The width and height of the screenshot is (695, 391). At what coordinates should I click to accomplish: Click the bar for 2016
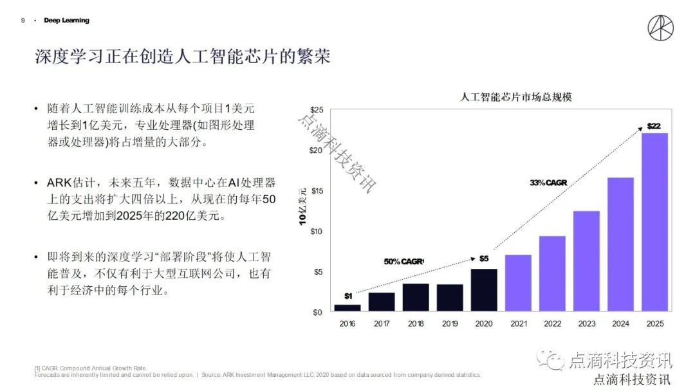pos(347,308)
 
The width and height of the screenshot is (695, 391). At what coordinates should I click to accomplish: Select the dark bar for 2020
pos(484,290)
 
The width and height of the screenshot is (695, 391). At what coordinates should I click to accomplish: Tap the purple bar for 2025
pos(654,223)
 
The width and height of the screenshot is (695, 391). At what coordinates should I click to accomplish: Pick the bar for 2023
pos(586,261)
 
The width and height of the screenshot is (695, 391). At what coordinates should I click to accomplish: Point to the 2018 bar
pos(416,298)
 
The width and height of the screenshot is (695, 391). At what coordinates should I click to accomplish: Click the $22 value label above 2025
pos(654,126)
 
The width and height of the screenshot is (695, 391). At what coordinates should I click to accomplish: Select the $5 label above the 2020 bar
pos(484,259)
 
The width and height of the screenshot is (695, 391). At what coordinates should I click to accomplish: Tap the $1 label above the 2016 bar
pos(348,296)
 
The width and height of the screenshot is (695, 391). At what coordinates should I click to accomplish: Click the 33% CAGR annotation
pos(548,183)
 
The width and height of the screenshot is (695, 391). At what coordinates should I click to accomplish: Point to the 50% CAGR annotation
pos(404,261)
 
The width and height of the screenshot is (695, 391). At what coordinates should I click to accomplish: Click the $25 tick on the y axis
pos(316,110)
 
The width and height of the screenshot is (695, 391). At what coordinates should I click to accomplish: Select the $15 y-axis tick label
pos(316,191)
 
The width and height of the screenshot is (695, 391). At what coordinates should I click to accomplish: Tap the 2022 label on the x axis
pos(552,323)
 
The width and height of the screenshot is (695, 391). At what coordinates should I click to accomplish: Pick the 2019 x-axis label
pos(450,323)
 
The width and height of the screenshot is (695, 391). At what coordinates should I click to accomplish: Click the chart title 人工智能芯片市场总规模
pos(517,98)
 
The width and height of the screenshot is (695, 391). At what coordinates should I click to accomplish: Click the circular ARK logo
pos(661,30)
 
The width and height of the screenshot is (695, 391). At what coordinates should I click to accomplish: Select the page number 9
pos(23,21)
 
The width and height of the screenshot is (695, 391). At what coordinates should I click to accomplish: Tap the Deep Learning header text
pos(66,21)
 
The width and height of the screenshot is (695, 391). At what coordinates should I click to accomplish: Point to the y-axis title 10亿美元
pos(302,206)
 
